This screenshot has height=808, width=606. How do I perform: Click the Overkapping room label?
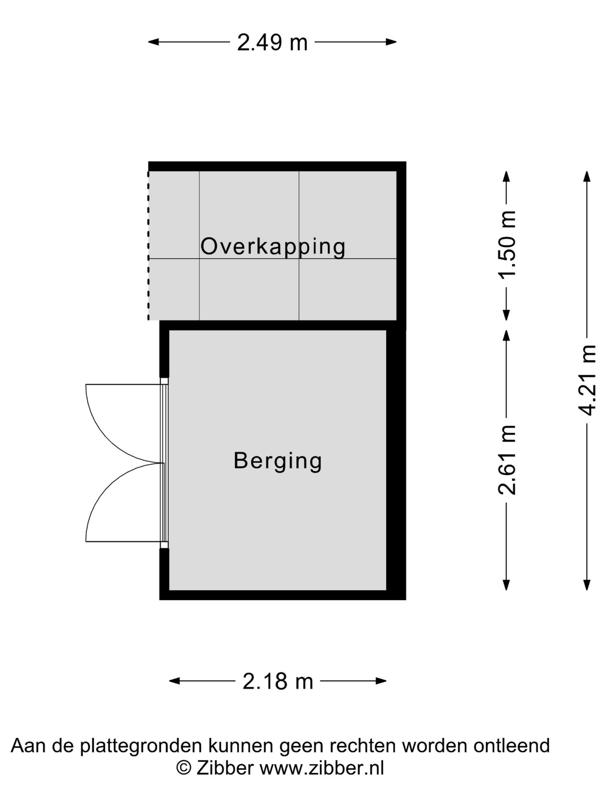(x=273, y=247)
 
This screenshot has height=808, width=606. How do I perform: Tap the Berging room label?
(x=278, y=461)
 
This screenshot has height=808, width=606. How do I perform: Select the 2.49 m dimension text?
(x=272, y=43)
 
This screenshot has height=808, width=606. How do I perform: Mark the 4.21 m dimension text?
(x=587, y=380)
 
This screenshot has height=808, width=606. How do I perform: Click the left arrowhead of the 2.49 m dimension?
(x=154, y=42)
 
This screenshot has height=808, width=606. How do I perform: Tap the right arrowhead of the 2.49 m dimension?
(x=391, y=42)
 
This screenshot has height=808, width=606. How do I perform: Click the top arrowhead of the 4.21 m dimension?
(x=587, y=176)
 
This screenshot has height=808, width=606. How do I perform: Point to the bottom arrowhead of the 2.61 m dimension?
(x=507, y=585)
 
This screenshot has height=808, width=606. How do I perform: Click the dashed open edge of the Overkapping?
(x=148, y=245)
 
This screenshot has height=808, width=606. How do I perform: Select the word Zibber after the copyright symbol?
(x=225, y=768)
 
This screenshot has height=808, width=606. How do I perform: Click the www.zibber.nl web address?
(x=322, y=768)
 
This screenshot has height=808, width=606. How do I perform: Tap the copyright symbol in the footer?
(x=184, y=768)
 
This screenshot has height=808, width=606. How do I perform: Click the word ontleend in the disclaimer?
(x=511, y=746)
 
